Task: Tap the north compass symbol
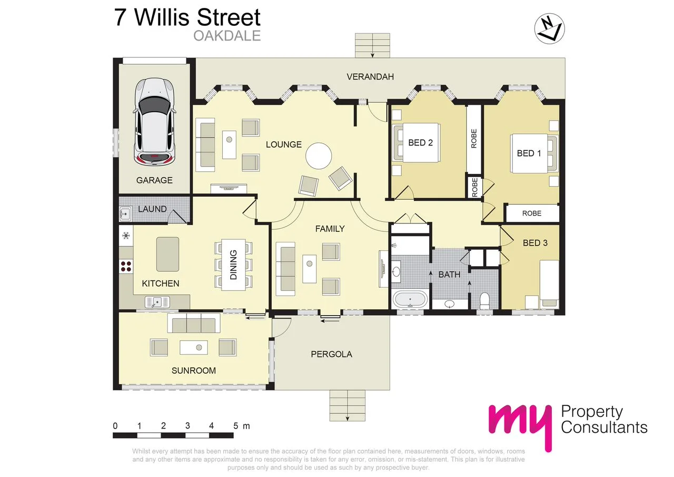point(550,27)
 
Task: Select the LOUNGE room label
point(283,144)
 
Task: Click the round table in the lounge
point(319,155)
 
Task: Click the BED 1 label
point(529,153)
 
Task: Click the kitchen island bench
point(167,254)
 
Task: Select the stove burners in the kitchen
point(126,266)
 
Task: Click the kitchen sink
point(156,302)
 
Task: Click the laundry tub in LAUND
point(125,213)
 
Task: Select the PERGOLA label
point(331,354)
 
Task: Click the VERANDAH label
point(370,77)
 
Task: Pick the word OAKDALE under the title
point(227,36)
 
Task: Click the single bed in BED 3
point(548,282)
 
